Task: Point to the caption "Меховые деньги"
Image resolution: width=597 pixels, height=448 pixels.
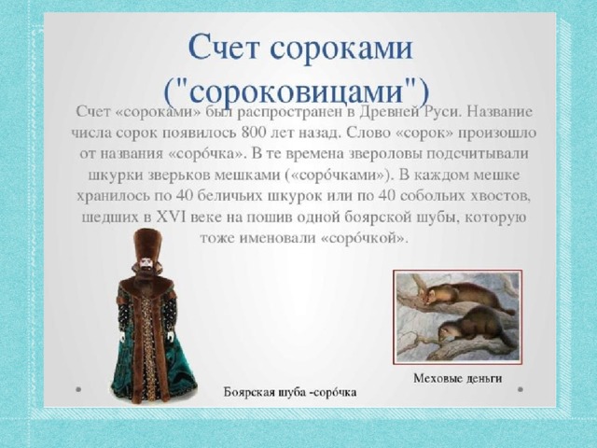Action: coord(458,378)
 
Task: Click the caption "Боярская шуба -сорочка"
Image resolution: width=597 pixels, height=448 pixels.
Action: coord(290,392)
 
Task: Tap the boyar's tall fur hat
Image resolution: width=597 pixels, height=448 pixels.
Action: coord(146,243)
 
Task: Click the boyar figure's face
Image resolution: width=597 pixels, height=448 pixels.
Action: coord(146,263)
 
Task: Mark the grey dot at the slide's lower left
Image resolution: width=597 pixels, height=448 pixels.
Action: coord(78,389)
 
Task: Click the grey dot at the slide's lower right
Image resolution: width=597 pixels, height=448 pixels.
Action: coord(521,389)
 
